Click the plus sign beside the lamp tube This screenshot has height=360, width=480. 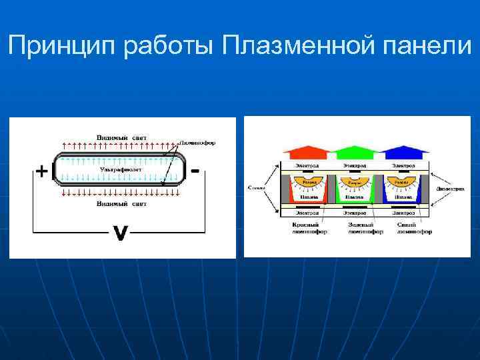(x=41, y=171)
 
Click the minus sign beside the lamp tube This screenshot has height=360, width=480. (x=195, y=171)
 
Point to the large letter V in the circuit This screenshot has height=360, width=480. (x=119, y=233)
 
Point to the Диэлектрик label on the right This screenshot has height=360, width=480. (x=450, y=189)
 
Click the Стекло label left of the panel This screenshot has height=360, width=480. (x=255, y=188)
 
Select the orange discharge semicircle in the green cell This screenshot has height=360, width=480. (x=354, y=182)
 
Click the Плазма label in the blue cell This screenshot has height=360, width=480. (x=403, y=197)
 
